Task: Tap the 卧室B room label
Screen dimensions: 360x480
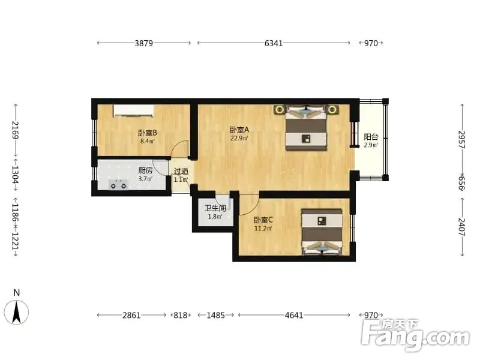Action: pyautogui.click(x=147, y=133)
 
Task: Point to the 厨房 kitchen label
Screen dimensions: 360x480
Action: pyautogui.click(x=145, y=170)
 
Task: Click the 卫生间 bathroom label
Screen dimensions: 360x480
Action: pyautogui.click(x=216, y=208)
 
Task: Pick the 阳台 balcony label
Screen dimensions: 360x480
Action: pyautogui.click(x=371, y=137)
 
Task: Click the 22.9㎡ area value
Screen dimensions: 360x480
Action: pyautogui.click(x=239, y=137)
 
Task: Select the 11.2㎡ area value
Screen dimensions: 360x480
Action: pyautogui.click(x=263, y=229)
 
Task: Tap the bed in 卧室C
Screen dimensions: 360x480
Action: pyautogui.click(x=322, y=232)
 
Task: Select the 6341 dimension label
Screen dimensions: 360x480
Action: pyautogui.click(x=273, y=43)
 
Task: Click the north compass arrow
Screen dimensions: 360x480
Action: pyautogui.click(x=17, y=310)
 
